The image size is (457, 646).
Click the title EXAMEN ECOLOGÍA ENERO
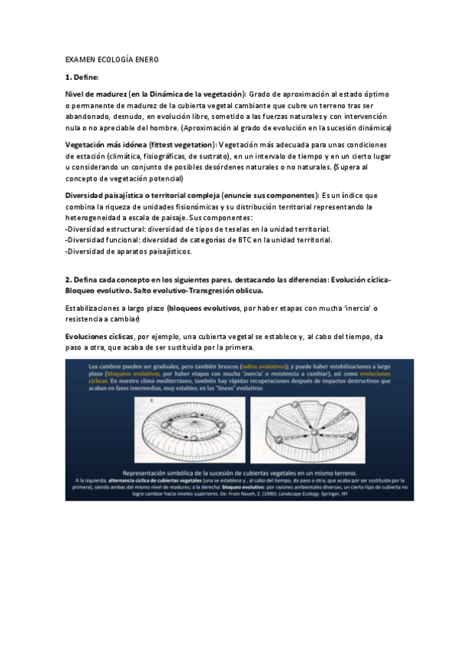tap(111, 59)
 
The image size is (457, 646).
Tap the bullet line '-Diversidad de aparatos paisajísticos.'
tap(129, 251)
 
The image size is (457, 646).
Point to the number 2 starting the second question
tap(68, 279)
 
